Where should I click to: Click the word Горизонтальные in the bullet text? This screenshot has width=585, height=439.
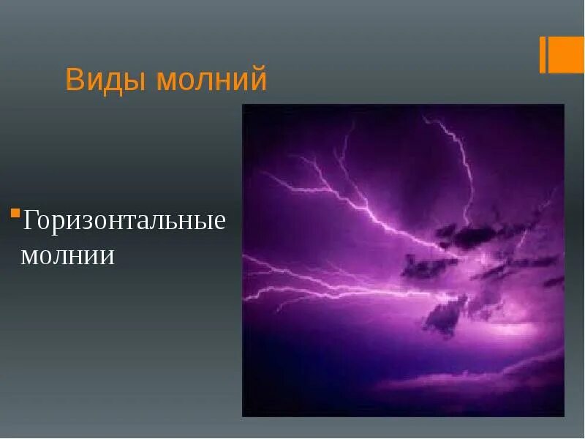(x=124, y=220)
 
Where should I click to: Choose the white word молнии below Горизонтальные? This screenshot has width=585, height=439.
(x=67, y=255)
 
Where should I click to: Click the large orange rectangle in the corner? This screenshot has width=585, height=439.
(x=567, y=55)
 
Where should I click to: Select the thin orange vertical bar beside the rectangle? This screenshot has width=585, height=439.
(x=543, y=55)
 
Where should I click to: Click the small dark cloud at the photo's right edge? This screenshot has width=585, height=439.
(x=554, y=281)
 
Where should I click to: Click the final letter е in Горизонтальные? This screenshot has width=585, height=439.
(x=218, y=221)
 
